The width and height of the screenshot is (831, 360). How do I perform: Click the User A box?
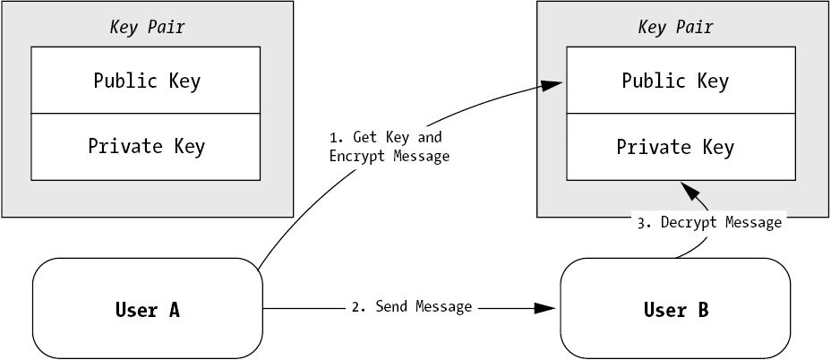point(148,310)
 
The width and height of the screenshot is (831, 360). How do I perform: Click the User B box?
point(675,310)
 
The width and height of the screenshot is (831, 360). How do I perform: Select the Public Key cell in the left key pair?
point(147,81)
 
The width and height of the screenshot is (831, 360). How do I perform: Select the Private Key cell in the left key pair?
point(147,146)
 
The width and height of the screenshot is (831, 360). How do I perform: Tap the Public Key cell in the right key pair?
point(675,81)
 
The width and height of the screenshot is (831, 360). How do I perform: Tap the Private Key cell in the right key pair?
point(675,146)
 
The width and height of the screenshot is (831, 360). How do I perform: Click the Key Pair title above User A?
point(147,27)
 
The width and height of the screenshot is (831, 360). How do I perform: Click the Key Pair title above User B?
point(675,27)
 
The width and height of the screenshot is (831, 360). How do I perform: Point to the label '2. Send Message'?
point(411,307)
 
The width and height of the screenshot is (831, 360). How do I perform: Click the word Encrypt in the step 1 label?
point(356,156)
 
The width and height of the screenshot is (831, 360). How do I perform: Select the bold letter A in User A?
point(174,311)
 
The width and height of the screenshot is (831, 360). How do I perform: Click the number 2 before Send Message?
point(356,307)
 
